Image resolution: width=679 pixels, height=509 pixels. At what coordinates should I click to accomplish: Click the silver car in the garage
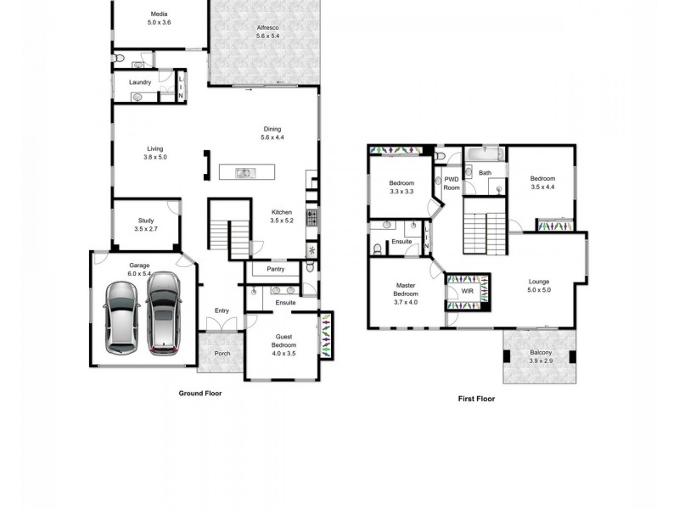(121, 317)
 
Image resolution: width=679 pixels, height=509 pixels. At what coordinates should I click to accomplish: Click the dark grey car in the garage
(164, 315)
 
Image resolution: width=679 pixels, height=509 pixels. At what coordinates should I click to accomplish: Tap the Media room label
(159, 14)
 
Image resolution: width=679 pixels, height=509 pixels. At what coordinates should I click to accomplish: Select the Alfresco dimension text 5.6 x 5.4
(268, 36)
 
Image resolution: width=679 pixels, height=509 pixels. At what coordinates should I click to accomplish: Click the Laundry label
(140, 82)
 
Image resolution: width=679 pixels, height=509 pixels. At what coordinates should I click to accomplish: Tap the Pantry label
(275, 270)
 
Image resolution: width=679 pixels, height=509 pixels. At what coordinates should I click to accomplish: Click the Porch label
(222, 354)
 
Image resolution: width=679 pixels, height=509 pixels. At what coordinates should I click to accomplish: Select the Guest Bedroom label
(283, 340)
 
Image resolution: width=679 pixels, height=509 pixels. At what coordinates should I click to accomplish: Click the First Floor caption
(476, 398)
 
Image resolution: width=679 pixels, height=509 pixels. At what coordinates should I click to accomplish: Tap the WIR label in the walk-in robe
(467, 291)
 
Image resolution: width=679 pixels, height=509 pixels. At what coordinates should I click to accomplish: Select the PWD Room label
(452, 183)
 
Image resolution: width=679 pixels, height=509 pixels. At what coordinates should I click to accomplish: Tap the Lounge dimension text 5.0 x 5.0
(539, 289)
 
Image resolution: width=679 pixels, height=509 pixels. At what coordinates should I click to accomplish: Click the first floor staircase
(484, 232)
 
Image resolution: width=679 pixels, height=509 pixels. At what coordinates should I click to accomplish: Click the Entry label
(222, 310)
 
